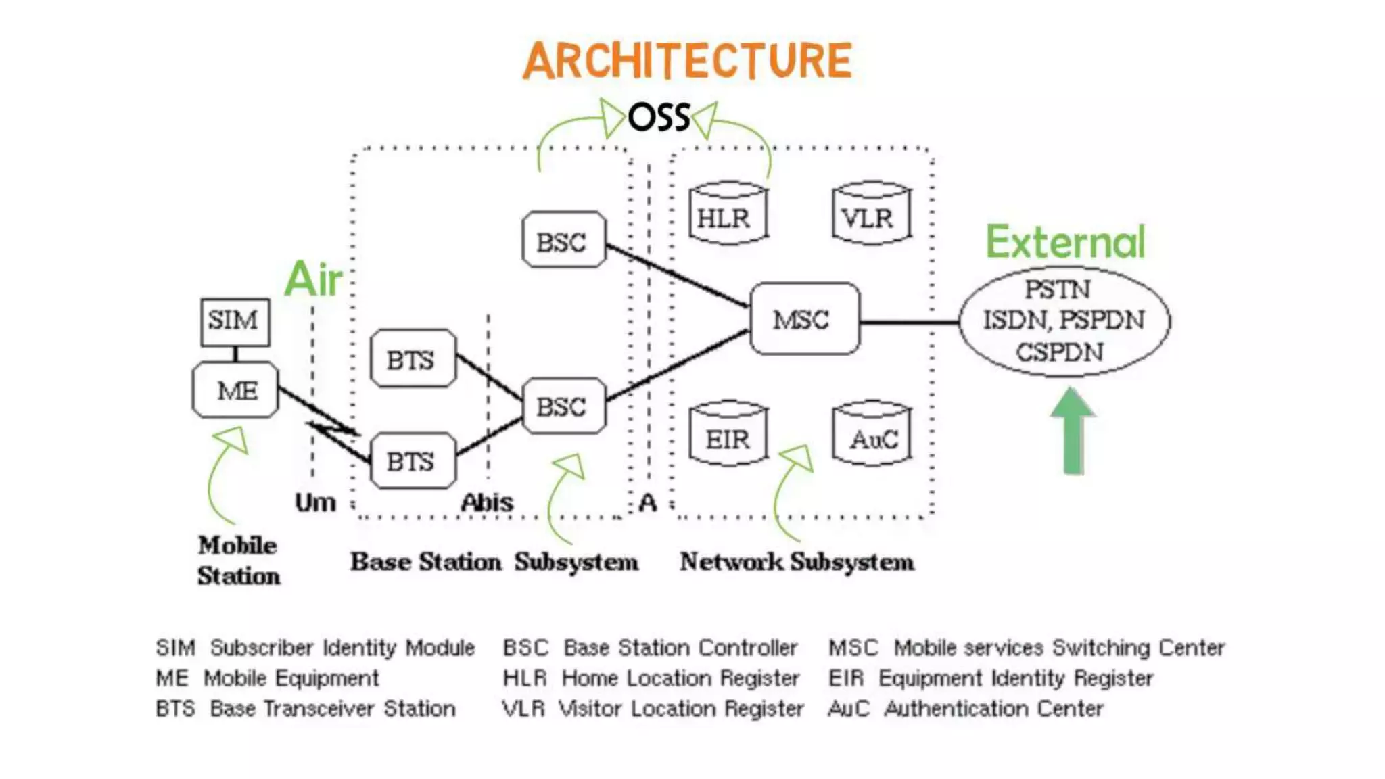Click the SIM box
[x=235, y=321]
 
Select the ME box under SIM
[x=235, y=390]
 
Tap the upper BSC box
[x=563, y=240]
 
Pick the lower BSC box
[x=563, y=406]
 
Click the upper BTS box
[x=413, y=359]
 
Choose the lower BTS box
[x=413, y=461]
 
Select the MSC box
[x=804, y=319]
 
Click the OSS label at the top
[x=659, y=118]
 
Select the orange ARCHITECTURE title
[x=687, y=61]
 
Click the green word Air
[x=312, y=279]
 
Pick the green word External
[x=1065, y=241]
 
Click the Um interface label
[x=315, y=502]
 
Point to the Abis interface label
[x=487, y=502]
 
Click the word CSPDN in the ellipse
[x=1059, y=352]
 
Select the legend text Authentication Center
[x=993, y=709]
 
